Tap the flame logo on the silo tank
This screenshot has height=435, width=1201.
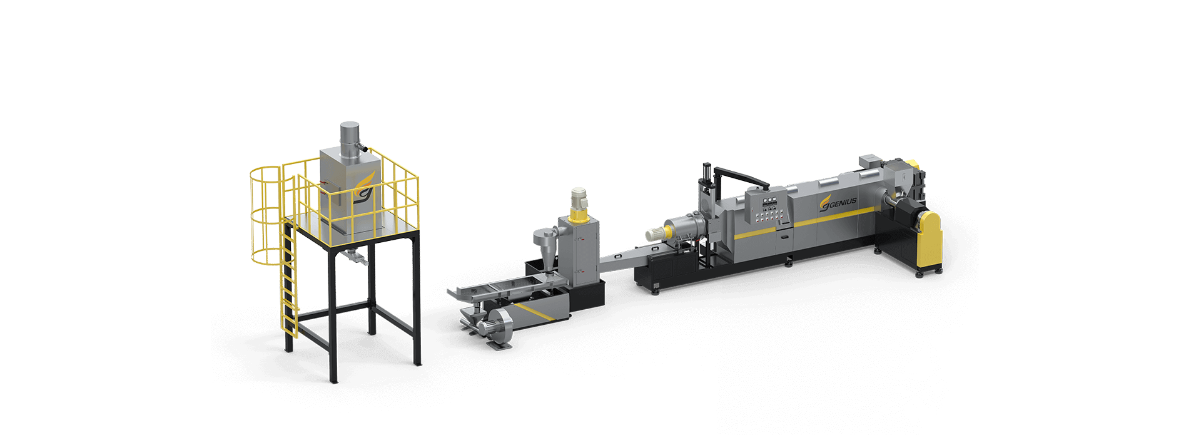362,187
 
